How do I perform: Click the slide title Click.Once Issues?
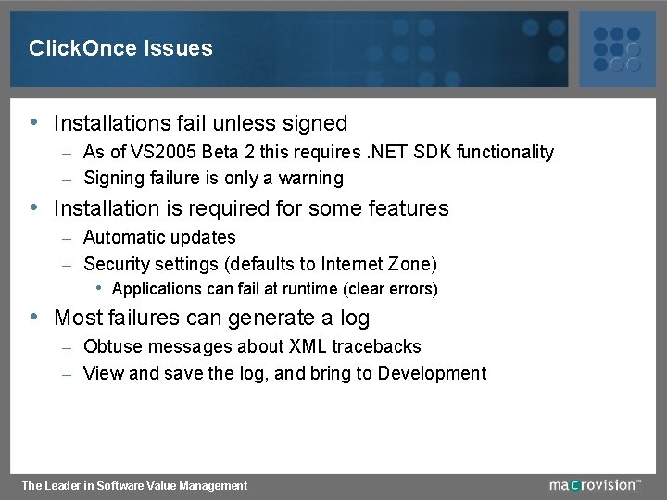click(x=120, y=48)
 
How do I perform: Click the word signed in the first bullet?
click(x=316, y=123)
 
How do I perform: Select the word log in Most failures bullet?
click(x=354, y=318)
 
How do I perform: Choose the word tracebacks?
click(x=376, y=346)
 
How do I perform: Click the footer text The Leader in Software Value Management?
click(x=134, y=485)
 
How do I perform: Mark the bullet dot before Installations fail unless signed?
click(x=34, y=121)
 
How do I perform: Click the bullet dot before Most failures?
click(x=34, y=316)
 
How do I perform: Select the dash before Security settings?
click(x=67, y=265)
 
